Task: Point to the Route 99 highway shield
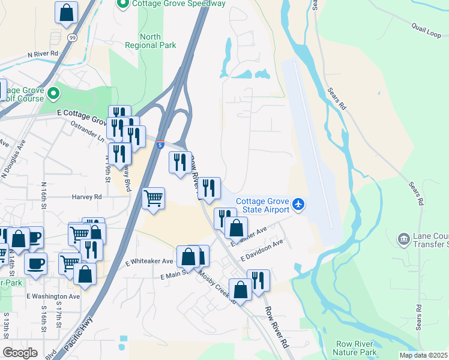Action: [x=72, y=38]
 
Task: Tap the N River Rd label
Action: [x=43, y=53]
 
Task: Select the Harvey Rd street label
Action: [x=88, y=196]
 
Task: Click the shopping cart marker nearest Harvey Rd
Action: [x=154, y=198]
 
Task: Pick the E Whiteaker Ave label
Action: [x=149, y=261]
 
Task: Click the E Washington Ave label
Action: [x=53, y=296]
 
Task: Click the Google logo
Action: [x=20, y=352]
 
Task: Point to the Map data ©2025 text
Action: [x=423, y=355]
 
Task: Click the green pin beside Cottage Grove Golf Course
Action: [x=53, y=94]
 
